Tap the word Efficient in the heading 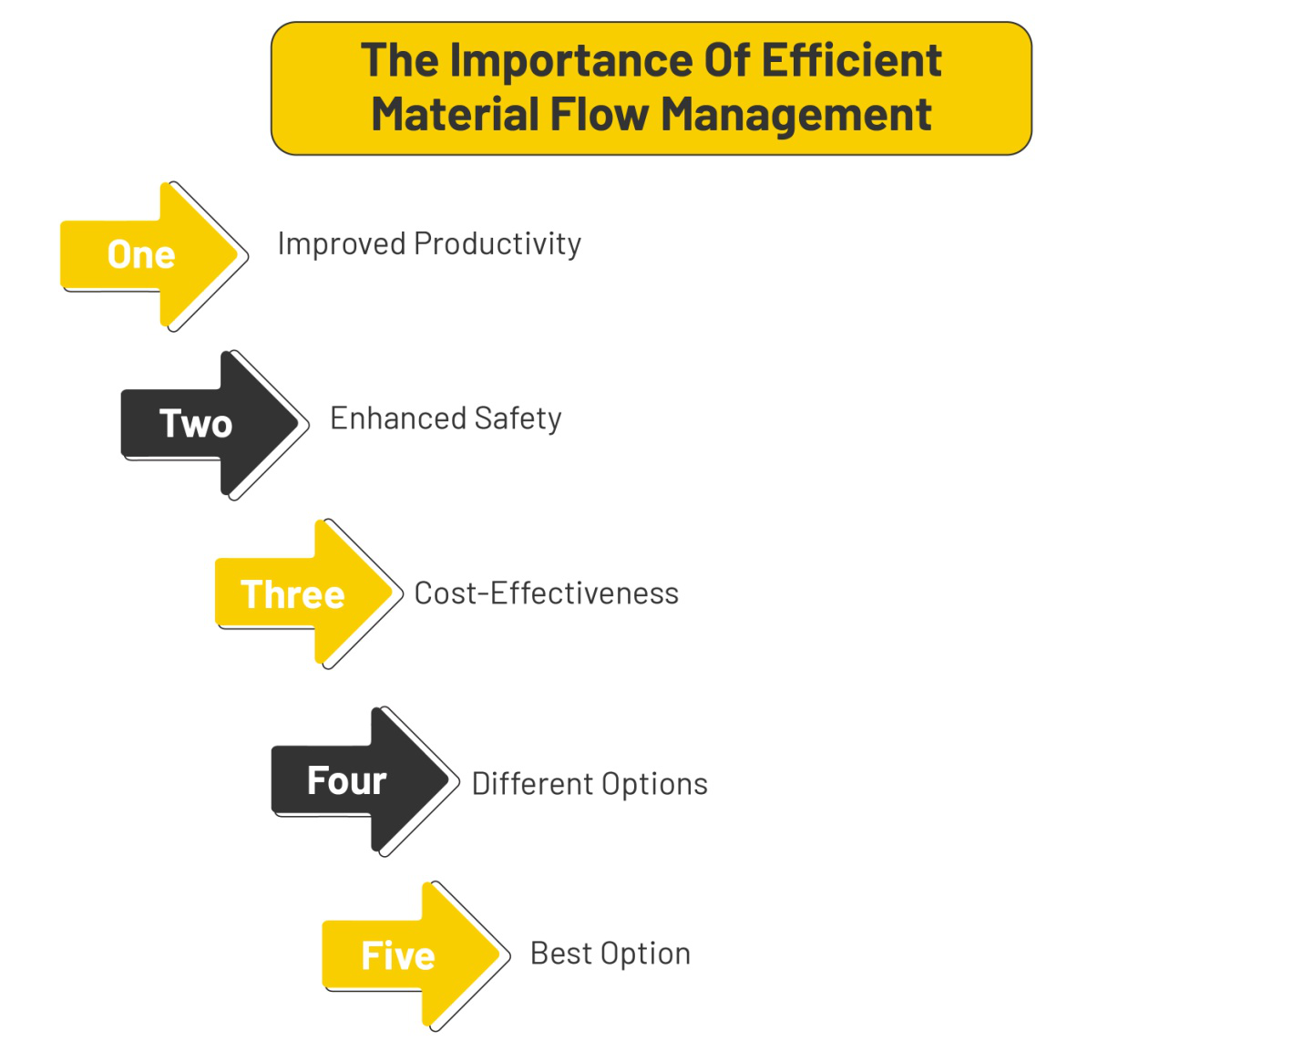[851, 61]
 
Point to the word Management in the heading [795, 116]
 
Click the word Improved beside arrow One [342, 244]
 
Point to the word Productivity [498, 244]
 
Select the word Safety [518, 418]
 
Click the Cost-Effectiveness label [546, 593]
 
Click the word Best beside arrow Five [560, 954]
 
